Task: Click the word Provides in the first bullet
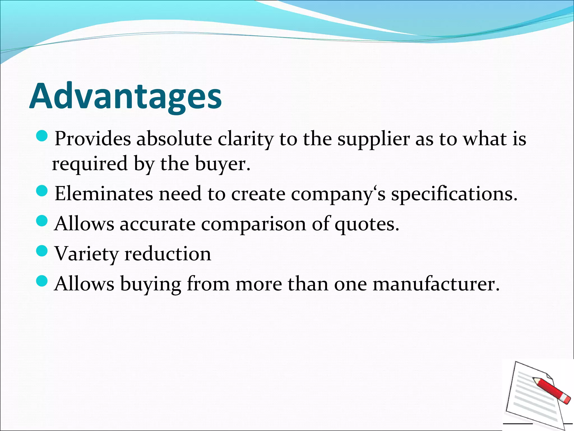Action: (93, 139)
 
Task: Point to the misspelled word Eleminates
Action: (104, 194)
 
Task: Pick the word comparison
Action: (254, 224)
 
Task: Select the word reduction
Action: (168, 254)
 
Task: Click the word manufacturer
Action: (436, 284)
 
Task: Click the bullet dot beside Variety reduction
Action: (42, 250)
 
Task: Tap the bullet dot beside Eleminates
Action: (42, 191)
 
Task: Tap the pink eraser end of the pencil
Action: (567, 400)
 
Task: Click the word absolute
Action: (174, 139)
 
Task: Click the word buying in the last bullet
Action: (151, 284)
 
